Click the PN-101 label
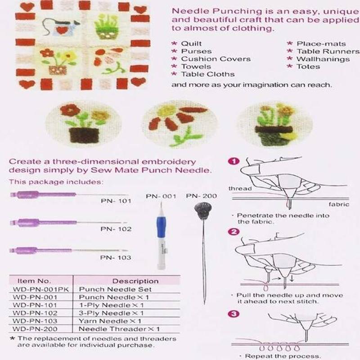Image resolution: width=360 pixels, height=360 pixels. coord(116,201)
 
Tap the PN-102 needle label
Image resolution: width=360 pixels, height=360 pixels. coord(116,229)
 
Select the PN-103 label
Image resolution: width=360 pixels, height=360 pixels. coord(116,257)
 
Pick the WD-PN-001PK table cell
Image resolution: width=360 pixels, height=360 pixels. coord(40,289)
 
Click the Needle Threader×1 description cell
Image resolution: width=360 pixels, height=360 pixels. coord(119,329)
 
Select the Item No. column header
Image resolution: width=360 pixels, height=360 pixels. coord(35,281)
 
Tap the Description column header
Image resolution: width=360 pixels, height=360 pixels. coord(135,281)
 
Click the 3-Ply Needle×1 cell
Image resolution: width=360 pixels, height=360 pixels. coord(111,313)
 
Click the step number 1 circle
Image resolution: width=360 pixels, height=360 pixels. coord(234,162)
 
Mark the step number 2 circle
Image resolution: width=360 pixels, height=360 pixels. coord(234,232)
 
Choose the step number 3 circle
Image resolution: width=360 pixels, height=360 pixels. coord(234,314)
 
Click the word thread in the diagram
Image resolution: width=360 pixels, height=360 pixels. coord(240,189)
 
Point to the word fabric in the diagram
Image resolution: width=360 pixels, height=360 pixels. coord(339,204)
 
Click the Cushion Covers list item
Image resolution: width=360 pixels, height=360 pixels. coord(216,59)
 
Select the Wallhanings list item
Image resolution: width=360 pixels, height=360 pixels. coord(323,59)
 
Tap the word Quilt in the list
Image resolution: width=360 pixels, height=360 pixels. coord(191,44)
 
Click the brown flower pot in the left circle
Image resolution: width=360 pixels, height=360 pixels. coord(84,135)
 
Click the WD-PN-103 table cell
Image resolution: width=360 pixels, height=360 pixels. coord(35,321)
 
